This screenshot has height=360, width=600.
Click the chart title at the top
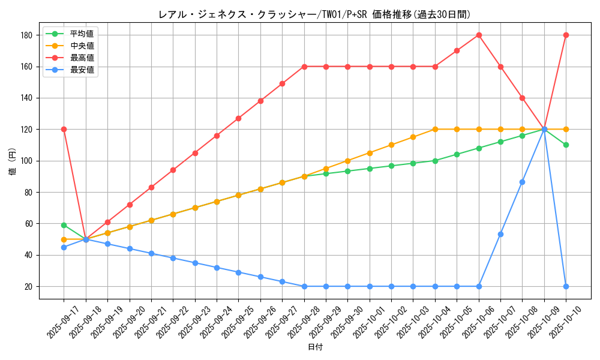[314, 14]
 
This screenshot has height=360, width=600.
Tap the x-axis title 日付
[314, 347]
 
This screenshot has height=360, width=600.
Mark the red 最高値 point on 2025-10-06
[479, 35]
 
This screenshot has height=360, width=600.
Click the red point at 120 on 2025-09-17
[64, 129]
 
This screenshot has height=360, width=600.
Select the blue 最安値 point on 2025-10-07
[500, 234]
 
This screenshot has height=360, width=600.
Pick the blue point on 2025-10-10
[566, 286]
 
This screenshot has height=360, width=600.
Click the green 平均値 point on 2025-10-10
[566, 145]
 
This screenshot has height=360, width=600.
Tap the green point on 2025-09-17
[64, 225]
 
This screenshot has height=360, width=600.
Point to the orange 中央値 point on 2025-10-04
[435, 129]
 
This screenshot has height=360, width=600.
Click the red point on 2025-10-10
[566, 35]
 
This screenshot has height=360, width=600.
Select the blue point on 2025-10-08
[522, 182]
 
